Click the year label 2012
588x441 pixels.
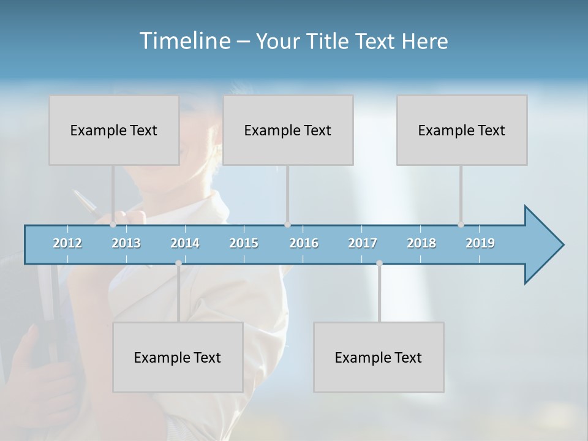(x=67, y=243)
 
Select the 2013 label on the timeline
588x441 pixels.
(x=126, y=243)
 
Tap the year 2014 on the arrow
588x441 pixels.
(x=185, y=243)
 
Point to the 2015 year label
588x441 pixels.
(x=244, y=243)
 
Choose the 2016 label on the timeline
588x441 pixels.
(x=304, y=243)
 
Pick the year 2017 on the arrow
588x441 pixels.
(x=363, y=243)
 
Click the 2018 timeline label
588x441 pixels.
(x=421, y=243)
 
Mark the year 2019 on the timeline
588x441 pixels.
(x=480, y=243)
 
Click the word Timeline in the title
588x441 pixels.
(x=184, y=41)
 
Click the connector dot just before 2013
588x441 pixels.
(x=113, y=225)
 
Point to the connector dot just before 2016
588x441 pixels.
(x=287, y=225)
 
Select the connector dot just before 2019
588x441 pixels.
(x=461, y=225)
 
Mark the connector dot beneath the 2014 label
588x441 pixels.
(x=178, y=263)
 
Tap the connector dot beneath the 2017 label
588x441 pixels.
(x=379, y=263)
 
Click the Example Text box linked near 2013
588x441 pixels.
(x=114, y=130)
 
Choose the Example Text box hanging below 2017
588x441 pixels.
(x=379, y=357)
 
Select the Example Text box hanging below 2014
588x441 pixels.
(x=178, y=357)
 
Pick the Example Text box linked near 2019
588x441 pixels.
(x=462, y=130)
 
